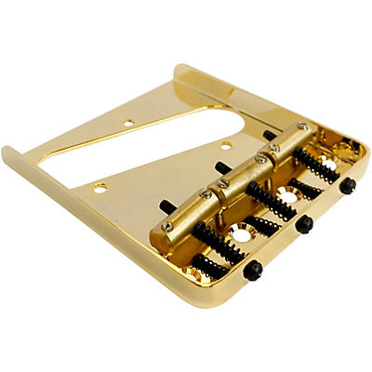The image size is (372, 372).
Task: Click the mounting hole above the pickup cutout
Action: (129, 121)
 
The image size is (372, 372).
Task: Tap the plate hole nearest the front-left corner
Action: (100, 187)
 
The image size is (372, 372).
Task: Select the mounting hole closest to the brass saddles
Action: (225, 145)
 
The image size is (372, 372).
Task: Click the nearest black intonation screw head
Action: (251, 270)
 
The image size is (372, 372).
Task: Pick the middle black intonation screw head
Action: (304, 224)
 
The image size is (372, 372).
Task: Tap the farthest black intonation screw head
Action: (347, 185)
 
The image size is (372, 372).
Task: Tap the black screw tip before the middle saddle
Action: (219, 167)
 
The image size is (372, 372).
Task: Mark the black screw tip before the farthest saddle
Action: (269, 135)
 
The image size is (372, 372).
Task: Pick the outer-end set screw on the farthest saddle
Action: (301, 127)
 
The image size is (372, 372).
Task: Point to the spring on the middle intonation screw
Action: (271, 199)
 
